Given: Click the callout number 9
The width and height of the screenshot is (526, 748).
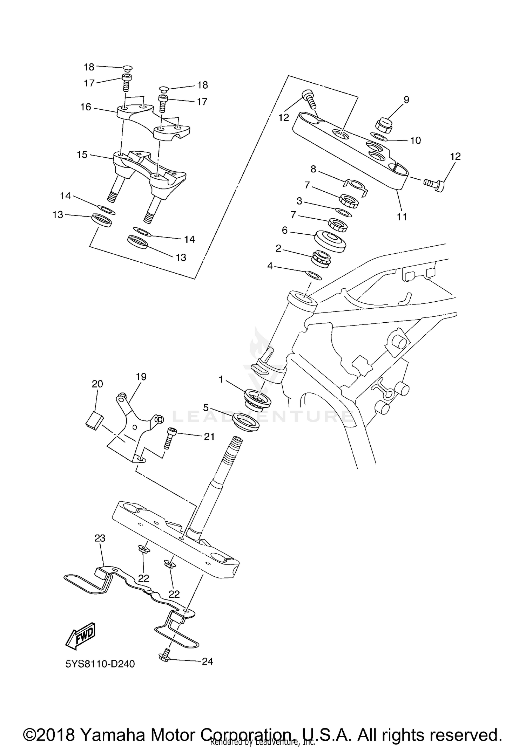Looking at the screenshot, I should tap(406, 100).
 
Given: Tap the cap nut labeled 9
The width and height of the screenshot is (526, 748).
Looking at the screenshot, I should tap(383, 124).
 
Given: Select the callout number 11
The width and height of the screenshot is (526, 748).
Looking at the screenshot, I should tap(402, 217).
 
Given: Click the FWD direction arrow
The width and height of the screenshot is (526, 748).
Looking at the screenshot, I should tap(80, 634).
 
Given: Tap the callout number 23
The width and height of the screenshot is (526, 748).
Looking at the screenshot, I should tap(100, 538).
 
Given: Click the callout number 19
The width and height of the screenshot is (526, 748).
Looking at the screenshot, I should tap(141, 377).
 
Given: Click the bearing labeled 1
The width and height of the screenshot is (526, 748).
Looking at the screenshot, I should tap(258, 398).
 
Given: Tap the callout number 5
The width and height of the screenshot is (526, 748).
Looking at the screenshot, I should tap(206, 408).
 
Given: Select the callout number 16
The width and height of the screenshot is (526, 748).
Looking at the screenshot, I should tap(86, 107).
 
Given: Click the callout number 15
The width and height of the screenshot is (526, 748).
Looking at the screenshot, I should tap(82, 155).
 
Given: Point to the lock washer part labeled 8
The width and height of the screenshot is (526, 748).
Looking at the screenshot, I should tap(355, 185).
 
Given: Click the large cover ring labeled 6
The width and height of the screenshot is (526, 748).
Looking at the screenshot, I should tap(330, 240).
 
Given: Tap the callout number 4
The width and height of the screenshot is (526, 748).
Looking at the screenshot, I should tap(270, 266).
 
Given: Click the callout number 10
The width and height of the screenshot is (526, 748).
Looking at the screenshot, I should tap(415, 140).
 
